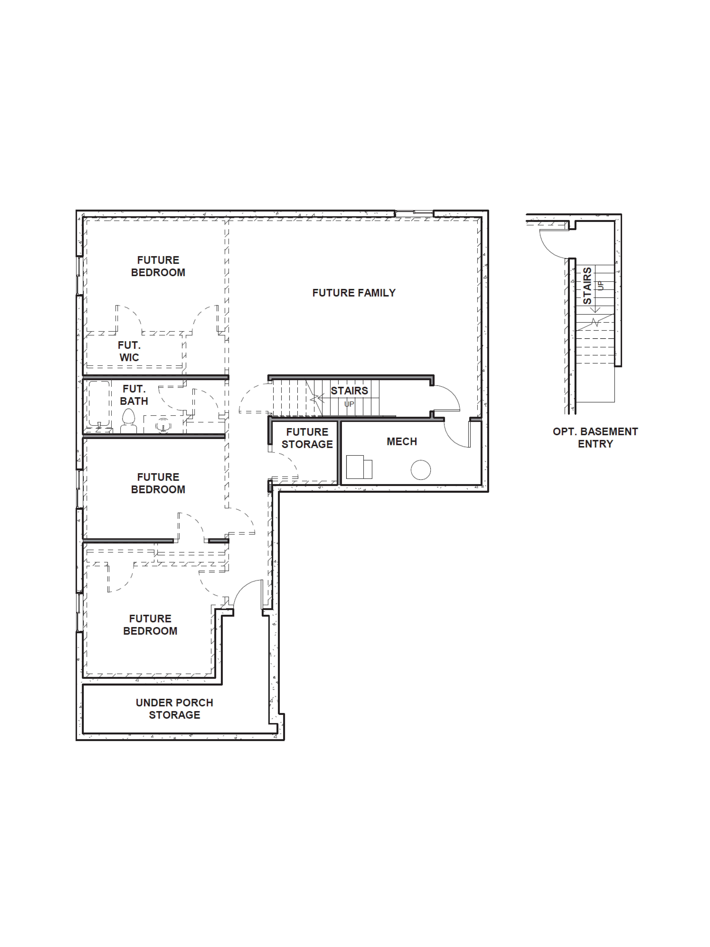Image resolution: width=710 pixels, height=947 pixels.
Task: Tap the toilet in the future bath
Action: click(128, 422)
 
